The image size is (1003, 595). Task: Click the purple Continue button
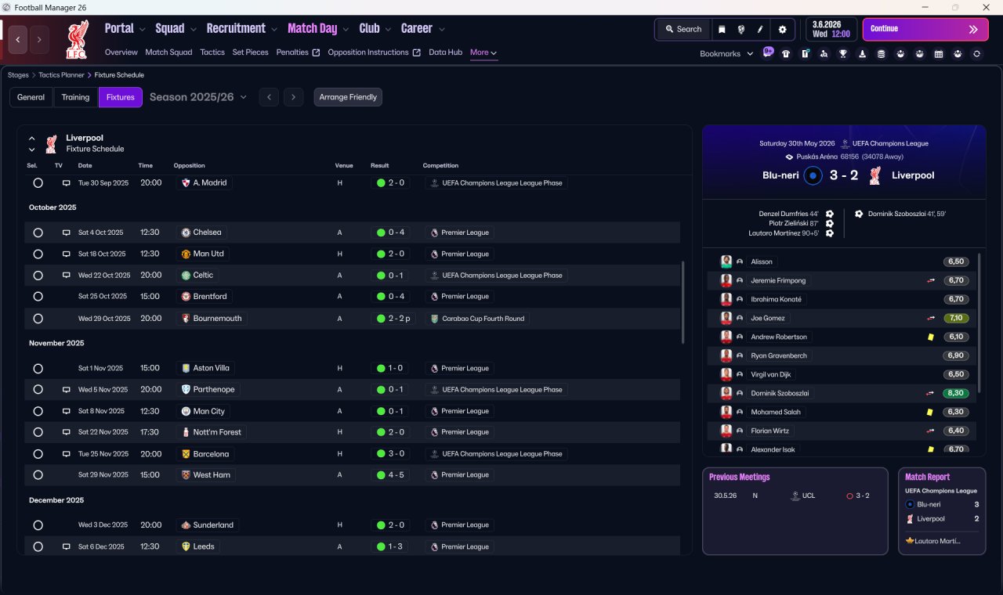point(925,29)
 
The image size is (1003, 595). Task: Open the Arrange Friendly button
point(348,97)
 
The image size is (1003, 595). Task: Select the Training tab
point(75,97)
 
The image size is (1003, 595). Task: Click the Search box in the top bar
point(683,29)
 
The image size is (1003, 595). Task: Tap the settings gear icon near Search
point(782,30)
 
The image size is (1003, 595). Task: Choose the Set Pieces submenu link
point(250,52)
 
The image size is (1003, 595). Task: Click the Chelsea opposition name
point(207,233)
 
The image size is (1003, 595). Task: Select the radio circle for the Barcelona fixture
point(38,454)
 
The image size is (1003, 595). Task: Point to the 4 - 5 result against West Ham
point(396,475)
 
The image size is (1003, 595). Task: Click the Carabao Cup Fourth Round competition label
point(483,319)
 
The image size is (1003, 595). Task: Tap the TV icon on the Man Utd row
point(67,254)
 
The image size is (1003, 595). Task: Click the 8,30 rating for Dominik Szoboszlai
point(955,393)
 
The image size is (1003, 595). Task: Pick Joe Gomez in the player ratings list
point(767,318)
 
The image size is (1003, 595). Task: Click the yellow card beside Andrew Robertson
point(930,337)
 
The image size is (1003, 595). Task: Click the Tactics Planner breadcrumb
point(61,75)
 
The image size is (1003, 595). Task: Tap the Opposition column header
point(189,165)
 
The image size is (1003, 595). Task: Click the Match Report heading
point(927,477)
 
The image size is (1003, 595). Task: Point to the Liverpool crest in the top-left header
point(78,39)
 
